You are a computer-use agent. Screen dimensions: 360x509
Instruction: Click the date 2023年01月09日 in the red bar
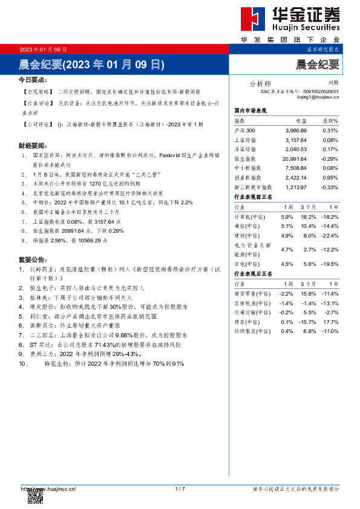click(43, 50)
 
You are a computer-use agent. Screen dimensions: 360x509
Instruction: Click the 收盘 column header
click(300, 122)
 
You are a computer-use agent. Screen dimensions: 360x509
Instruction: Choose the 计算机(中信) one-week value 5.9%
click(287, 216)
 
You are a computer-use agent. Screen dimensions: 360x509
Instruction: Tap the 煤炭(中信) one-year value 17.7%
click(330, 322)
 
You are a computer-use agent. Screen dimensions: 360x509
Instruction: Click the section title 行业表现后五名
click(254, 274)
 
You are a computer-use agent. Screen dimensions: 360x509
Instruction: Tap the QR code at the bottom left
click(36, 494)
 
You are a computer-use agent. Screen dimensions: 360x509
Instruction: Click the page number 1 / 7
click(180, 488)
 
